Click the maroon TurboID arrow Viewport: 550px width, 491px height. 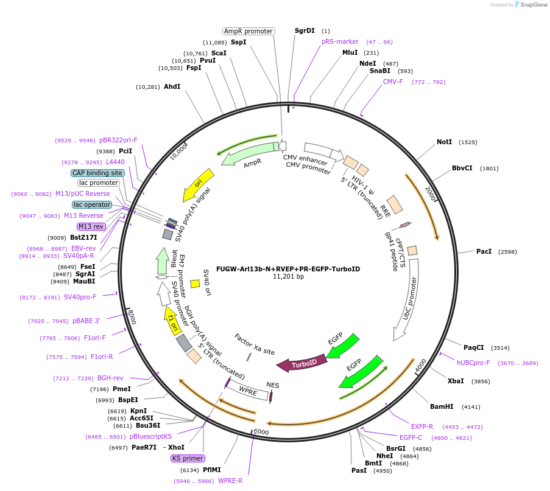301,364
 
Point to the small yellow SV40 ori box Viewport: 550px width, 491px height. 195,284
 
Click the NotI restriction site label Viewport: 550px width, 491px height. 444,142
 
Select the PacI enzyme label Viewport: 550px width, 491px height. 484,251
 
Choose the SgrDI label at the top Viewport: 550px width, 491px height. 305,30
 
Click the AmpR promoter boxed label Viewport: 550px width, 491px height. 249,31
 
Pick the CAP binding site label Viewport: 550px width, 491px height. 97,173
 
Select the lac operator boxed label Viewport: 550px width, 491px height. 91,204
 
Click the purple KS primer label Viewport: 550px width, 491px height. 188,458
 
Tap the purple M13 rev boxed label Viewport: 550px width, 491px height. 91,226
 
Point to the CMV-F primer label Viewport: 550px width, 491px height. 393,82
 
